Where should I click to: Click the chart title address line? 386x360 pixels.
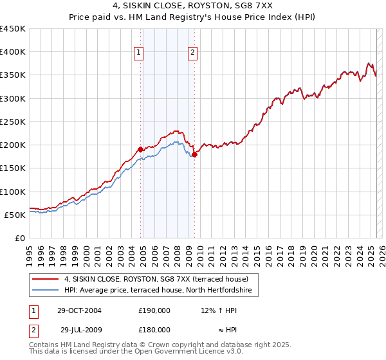(x=193, y=6)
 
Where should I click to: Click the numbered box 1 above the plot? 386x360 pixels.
(x=139, y=53)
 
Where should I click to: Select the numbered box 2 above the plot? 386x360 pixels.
(x=193, y=53)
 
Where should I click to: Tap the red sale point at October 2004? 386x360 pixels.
(x=141, y=149)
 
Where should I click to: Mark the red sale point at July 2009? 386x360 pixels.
(x=195, y=154)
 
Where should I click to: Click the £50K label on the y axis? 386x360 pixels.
(x=15, y=215)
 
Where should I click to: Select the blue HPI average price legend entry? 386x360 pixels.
(x=161, y=291)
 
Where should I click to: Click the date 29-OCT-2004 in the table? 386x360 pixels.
(x=80, y=310)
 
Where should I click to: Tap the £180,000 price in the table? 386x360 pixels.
(x=154, y=330)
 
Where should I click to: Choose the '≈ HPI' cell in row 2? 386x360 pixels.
(x=219, y=330)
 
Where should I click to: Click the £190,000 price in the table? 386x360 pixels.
(x=154, y=310)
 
